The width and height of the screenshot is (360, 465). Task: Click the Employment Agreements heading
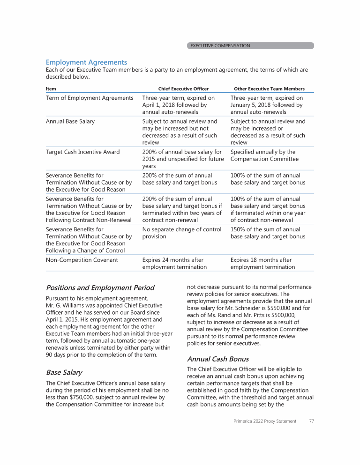(86, 62)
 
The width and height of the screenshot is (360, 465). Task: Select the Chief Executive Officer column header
(183, 89)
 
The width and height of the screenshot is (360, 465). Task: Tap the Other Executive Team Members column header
(269, 89)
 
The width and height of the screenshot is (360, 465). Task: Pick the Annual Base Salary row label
(70, 121)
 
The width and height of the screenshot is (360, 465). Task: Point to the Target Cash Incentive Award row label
(82, 152)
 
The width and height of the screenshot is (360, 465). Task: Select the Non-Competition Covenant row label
(82, 260)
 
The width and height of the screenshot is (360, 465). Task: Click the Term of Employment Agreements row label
(90, 98)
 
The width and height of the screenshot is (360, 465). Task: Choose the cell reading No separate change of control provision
(181, 233)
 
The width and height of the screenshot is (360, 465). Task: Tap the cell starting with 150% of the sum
(268, 233)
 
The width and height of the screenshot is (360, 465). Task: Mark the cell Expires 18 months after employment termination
(262, 263)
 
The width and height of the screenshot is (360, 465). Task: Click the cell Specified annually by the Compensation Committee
(264, 155)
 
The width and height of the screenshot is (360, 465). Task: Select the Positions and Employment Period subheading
(100, 288)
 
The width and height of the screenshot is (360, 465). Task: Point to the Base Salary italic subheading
(64, 373)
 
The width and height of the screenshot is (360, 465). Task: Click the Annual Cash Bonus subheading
(218, 359)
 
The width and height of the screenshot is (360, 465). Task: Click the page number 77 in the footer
(311, 421)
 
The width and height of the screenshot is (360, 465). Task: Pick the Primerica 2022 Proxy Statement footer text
(265, 421)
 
